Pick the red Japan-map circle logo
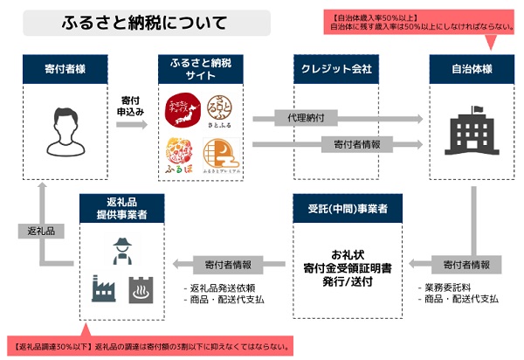click(x=180, y=111)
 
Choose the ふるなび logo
click(x=179, y=154)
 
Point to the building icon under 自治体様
click(x=472, y=131)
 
